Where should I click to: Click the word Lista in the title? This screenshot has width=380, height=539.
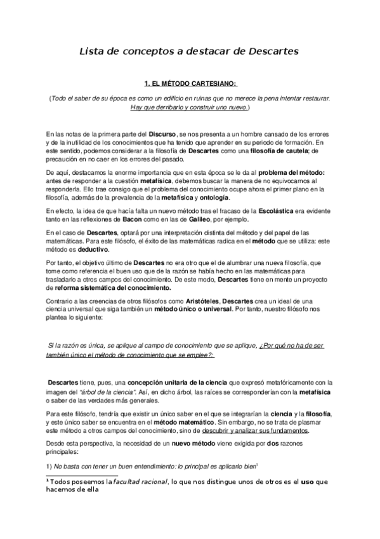coord(90,50)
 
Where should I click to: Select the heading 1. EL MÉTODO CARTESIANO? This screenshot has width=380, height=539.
coord(190,83)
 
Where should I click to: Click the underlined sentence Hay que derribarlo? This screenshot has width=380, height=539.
coord(190,108)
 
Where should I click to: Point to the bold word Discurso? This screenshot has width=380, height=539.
coord(162,137)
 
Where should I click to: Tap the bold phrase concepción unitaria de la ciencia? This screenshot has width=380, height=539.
coord(167,383)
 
